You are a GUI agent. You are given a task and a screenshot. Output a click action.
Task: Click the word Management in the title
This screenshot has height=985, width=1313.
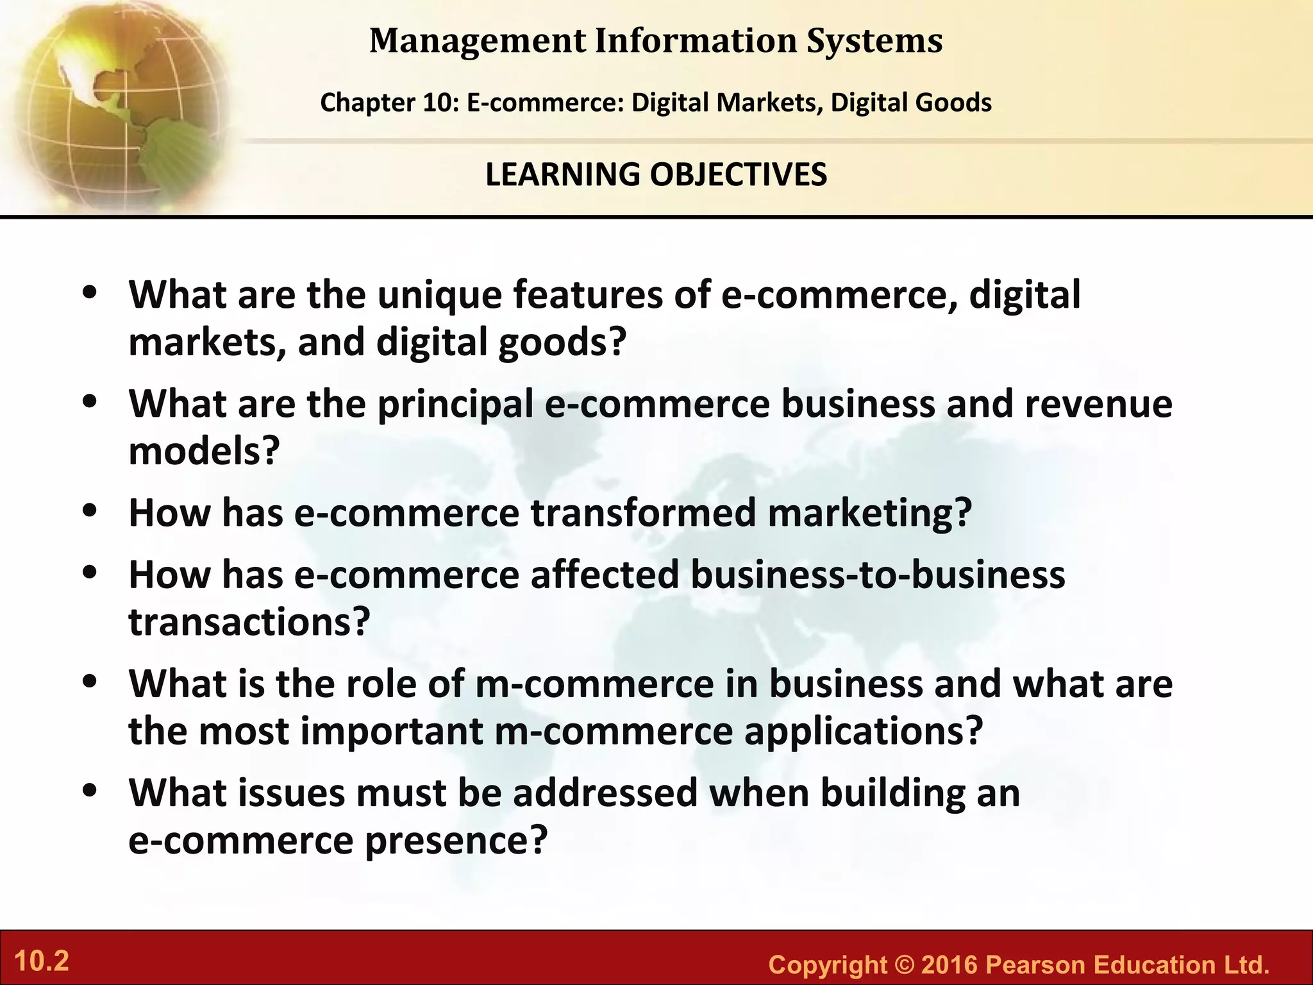coord(478,40)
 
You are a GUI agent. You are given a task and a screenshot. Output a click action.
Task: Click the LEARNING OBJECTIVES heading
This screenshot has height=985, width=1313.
coord(656,174)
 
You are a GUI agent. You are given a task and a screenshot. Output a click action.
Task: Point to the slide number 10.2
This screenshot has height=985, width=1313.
coord(41,961)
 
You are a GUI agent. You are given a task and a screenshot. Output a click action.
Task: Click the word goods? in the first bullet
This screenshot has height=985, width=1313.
coord(562,342)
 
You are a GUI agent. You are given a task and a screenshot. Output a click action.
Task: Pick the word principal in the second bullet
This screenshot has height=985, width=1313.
coord(455,405)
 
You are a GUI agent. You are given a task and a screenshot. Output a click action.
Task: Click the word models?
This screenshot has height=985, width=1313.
coord(205,451)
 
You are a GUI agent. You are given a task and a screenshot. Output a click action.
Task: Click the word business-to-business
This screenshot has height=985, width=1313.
coord(878,574)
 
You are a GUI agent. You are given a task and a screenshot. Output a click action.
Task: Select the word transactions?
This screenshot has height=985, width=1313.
coord(249,621)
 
